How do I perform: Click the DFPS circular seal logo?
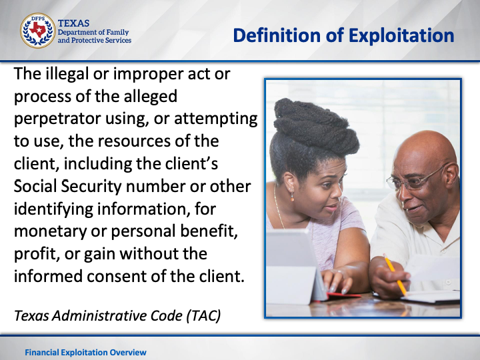coord(37,31)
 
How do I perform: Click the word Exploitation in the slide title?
coord(401,35)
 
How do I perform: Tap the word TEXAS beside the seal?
coord(73,23)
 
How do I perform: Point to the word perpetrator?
coord(57,119)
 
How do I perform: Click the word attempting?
coord(216,119)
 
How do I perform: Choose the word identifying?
coord(53,209)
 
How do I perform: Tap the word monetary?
coord(50,232)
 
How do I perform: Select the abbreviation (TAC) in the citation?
coord(203,315)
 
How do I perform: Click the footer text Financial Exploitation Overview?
coord(86,353)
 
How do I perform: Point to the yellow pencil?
coord(395,274)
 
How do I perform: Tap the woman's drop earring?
coord(292,197)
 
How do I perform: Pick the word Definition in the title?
coord(277,35)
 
